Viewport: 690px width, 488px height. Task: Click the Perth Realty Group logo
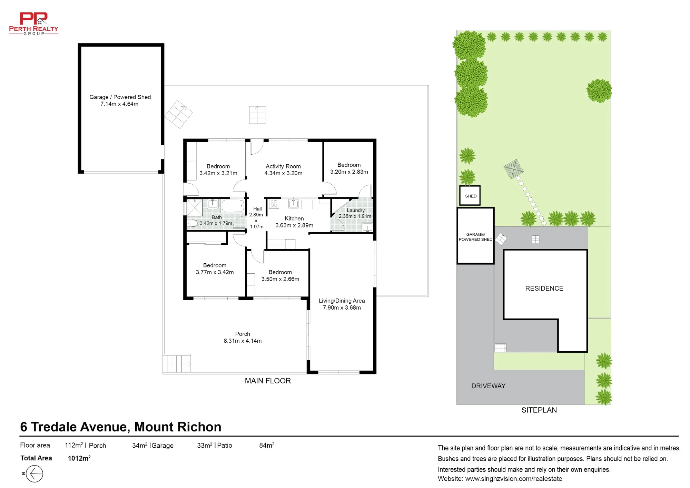point(33,23)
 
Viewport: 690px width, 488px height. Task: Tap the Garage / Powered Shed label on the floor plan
point(120,97)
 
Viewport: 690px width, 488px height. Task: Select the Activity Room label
point(283,166)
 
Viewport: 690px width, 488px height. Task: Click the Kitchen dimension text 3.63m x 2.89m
point(294,225)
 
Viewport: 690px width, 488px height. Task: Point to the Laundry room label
point(356,210)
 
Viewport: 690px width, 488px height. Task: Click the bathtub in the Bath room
point(233,206)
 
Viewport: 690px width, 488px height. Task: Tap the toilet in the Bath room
point(193,223)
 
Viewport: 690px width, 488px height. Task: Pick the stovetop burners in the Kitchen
point(274,204)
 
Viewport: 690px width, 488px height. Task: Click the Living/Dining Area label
point(342,301)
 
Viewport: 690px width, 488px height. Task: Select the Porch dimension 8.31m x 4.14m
point(243,341)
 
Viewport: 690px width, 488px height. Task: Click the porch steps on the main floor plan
point(177,364)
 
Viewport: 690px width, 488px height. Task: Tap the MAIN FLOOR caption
point(268,381)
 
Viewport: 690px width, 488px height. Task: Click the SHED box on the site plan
point(470,196)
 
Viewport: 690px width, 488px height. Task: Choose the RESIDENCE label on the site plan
point(544,289)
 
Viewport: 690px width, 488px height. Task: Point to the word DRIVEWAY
point(488,386)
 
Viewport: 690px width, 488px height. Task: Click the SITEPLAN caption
point(539,410)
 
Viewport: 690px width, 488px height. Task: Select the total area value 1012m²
point(79,458)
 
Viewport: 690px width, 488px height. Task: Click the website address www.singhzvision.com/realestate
point(514,479)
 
